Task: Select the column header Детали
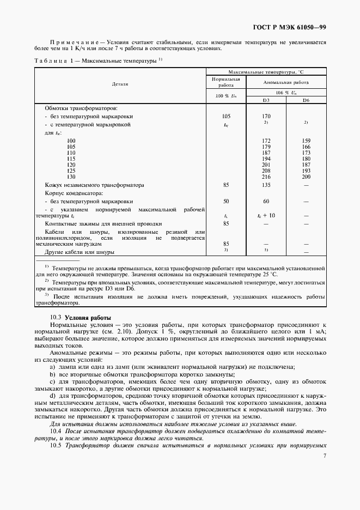(120, 84)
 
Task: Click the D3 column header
(266, 101)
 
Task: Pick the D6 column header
(306, 101)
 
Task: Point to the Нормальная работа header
(225, 82)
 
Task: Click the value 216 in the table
(266, 178)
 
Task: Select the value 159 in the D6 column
(306, 141)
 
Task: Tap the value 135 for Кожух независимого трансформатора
(266, 185)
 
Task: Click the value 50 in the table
(225, 201)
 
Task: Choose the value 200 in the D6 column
(306, 178)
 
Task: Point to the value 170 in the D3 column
(266, 116)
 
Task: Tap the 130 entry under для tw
(71, 178)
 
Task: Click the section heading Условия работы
(88, 317)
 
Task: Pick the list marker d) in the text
(52, 395)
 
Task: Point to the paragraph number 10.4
(56, 431)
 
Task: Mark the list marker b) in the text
(52, 374)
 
